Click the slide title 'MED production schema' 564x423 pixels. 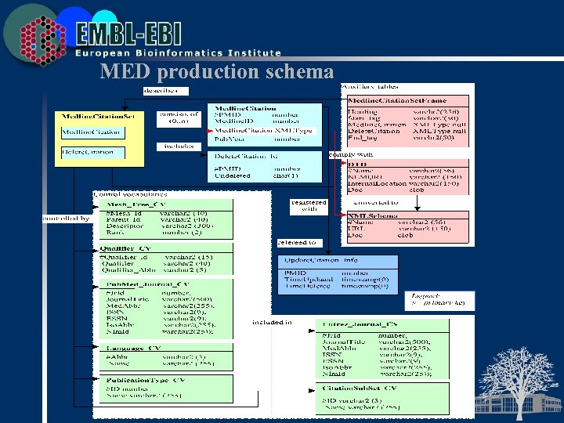click(217, 72)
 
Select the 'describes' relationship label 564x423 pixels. click(160, 90)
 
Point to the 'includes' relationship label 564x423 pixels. click(179, 146)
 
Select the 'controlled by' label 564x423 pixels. click(66, 219)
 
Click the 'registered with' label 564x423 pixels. click(308, 206)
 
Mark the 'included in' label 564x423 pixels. click(272, 322)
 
